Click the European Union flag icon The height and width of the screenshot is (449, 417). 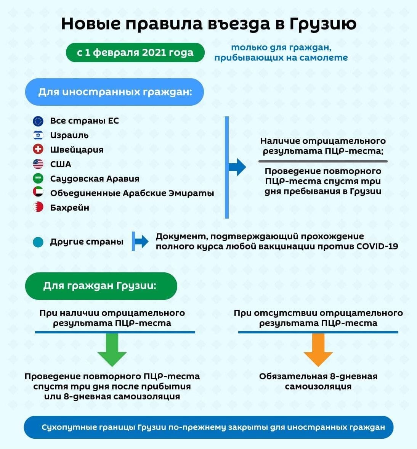pyautogui.click(x=38, y=121)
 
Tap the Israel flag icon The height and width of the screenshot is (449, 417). pyautogui.click(x=38, y=135)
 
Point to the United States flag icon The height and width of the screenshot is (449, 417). pyautogui.click(x=38, y=164)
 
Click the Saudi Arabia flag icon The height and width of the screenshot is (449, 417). pyautogui.click(x=38, y=179)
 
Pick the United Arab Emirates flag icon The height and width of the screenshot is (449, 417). pyautogui.click(x=38, y=192)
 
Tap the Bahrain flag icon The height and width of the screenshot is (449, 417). pyautogui.click(x=38, y=207)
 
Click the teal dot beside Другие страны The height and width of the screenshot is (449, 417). pyautogui.click(x=38, y=242)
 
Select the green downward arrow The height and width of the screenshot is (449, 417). pyautogui.click(x=112, y=350)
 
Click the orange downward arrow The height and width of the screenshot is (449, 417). pyautogui.click(x=318, y=350)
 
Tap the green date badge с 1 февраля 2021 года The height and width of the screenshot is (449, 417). pyautogui.click(x=135, y=52)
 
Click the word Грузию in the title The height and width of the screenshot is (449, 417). pyautogui.click(x=323, y=24)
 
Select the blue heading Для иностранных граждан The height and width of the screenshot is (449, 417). pyautogui.click(x=114, y=92)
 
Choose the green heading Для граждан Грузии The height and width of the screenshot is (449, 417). pyautogui.click(x=101, y=286)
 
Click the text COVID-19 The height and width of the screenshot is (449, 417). pyautogui.click(x=377, y=246)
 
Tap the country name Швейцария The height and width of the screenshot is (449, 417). pyautogui.click(x=77, y=150)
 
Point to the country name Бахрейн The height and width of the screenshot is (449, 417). pyautogui.click(x=69, y=207)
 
